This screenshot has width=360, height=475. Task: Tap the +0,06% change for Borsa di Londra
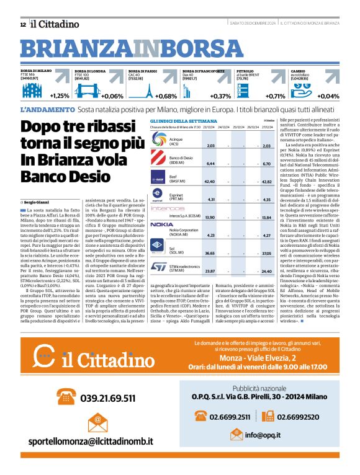point(112,96)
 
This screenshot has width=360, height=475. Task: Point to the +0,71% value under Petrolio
point(275,96)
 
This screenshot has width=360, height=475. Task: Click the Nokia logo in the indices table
point(162,224)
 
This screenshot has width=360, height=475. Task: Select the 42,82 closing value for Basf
point(267,182)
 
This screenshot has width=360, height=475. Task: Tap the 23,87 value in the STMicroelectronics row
point(210,271)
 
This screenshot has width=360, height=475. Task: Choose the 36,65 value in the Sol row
point(210,253)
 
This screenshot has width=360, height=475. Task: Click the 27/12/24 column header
point(270,127)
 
